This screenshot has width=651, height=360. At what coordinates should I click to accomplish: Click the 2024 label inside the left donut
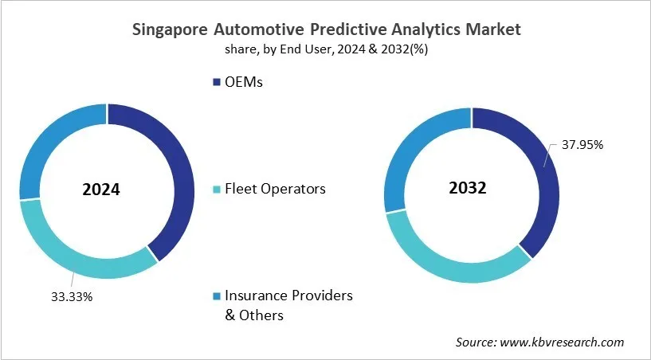click(101, 190)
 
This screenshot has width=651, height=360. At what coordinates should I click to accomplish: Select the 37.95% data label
click(582, 145)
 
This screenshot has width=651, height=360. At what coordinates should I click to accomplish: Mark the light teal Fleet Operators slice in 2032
click(454, 267)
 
